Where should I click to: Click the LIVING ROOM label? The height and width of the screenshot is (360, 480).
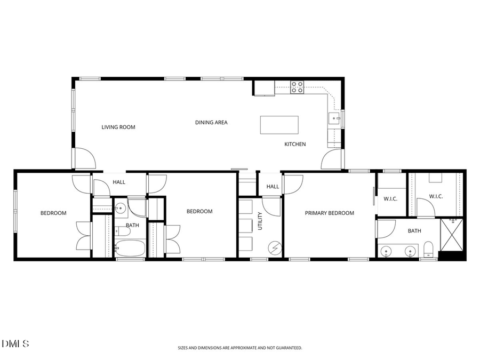pyautogui.click(x=118, y=127)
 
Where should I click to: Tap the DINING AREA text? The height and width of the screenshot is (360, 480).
pyautogui.click(x=211, y=123)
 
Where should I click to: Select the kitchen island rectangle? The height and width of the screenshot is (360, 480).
pyautogui.click(x=279, y=125)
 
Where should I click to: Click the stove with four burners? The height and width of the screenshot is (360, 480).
pyautogui.click(x=297, y=87)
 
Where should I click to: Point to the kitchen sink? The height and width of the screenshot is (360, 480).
pyautogui.click(x=334, y=118)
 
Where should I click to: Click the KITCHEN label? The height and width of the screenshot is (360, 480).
pyautogui.click(x=295, y=145)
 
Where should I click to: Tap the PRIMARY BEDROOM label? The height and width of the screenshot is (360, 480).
pyautogui.click(x=329, y=213)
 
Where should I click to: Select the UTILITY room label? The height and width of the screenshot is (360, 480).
pyautogui.click(x=260, y=221)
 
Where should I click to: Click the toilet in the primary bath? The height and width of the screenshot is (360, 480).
pyautogui.click(x=428, y=249)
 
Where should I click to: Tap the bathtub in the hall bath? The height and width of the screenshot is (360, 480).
pyautogui.click(x=130, y=248)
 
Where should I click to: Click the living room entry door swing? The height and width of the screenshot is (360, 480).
pyautogui.click(x=84, y=158)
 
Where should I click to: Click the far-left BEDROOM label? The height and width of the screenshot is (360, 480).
pyautogui.click(x=53, y=213)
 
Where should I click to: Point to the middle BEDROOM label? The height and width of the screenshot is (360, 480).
pyautogui.click(x=199, y=212)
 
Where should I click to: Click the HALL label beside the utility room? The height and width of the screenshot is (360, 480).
pyautogui.click(x=273, y=187)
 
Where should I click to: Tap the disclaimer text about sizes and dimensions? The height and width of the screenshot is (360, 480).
pyautogui.click(x=239, y=348)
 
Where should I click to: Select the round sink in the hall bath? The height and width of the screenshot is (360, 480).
pyautogui.click(x=120, y=208)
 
